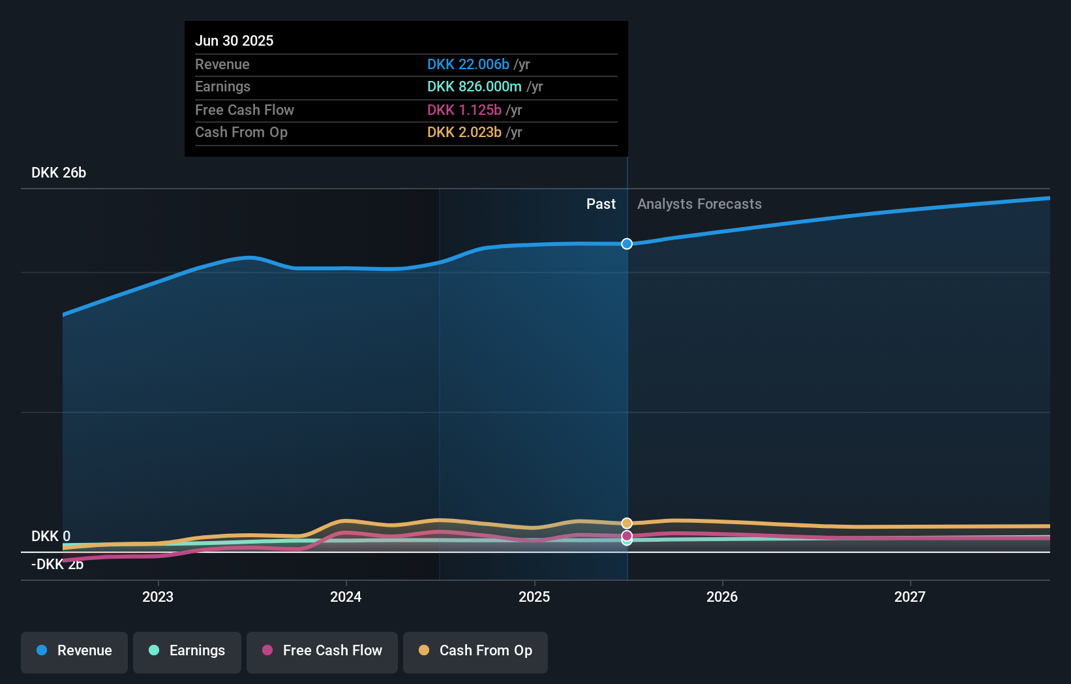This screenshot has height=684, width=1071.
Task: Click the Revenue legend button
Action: [74, 651]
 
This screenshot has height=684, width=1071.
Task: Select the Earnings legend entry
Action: [187, 651]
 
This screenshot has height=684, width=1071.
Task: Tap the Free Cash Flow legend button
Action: [322, 651]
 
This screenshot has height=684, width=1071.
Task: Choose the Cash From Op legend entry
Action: [475, 651]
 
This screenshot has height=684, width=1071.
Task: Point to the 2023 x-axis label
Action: [158, 597]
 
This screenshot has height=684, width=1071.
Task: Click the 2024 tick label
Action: [346, 597]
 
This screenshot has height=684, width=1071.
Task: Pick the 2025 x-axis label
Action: [534, 597]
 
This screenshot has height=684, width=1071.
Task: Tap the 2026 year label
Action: [722, 597]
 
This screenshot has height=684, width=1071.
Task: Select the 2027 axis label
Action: [910, 597]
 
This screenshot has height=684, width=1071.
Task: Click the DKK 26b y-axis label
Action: [59, 173]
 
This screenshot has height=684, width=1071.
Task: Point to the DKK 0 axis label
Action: [51, 536]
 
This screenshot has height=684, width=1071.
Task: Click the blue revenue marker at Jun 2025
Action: [627, 244]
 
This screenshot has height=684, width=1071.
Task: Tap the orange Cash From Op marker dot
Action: [627, 523]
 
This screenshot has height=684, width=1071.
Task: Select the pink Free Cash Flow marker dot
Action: [627, 536]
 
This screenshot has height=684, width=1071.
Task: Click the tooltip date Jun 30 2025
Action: [234, 40]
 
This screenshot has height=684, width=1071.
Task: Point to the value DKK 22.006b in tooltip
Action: [468, 64]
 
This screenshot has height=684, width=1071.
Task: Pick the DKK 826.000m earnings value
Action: [474, 87]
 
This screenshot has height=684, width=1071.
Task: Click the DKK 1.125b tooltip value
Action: [464, 110]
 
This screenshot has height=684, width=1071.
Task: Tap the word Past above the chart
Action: [601, 204]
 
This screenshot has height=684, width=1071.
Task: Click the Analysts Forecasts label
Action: [699, 204]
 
